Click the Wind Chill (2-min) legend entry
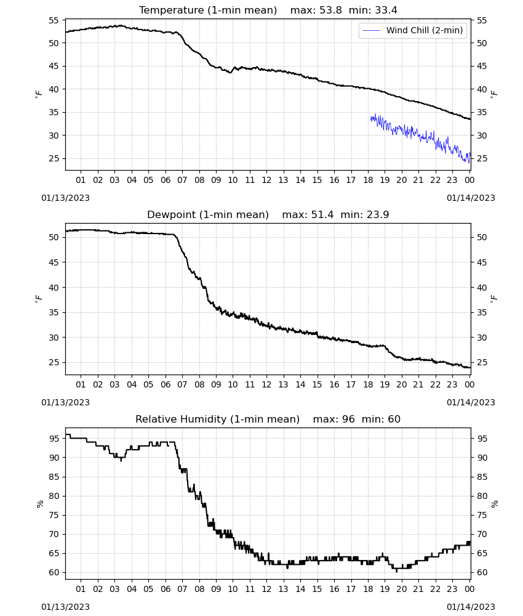[x=413, y=30]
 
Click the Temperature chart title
[x=208, y=10]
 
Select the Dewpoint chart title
[x=208, y=214]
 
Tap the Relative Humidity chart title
[x=217, y=419]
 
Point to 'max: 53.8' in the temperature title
[x=316, y=10]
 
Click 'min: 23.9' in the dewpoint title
[x=365, y=214]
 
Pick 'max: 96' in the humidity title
[x=334, y=419]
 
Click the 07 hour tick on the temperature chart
[x=182, y=180]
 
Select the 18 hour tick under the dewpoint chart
[x=368, y=384]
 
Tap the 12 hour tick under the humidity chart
[x=266, y=589]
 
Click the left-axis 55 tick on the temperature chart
[x=54, y=20]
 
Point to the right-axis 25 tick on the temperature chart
[x=482, y=159]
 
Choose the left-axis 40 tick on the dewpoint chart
[x=54, y=288]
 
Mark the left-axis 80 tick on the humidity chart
[x=54, y=496]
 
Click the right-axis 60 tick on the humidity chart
[x=482, y=573]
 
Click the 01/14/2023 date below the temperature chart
[x=471, y=198]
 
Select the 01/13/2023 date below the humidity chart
[x=65, y=607]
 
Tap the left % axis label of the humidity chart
[x=39, y=504]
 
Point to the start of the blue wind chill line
[x=370, y=118]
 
